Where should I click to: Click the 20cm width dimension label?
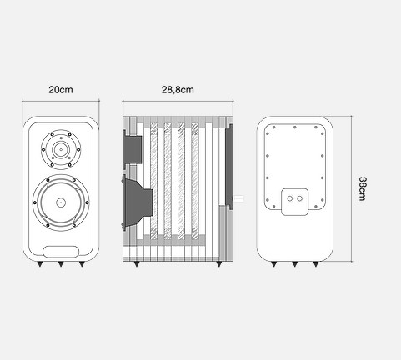click(61, 90)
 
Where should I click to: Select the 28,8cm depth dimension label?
click(178, 90)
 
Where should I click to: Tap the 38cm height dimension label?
click(363, 188)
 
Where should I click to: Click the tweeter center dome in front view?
click(61, 149)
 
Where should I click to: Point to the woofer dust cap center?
click(61, 202)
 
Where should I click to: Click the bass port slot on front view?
click(61, 252)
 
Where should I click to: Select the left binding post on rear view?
click(290, 198)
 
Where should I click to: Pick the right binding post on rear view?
click(299, 198)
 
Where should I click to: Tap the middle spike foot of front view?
click(61, 264)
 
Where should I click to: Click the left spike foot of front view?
click(40, 264)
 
